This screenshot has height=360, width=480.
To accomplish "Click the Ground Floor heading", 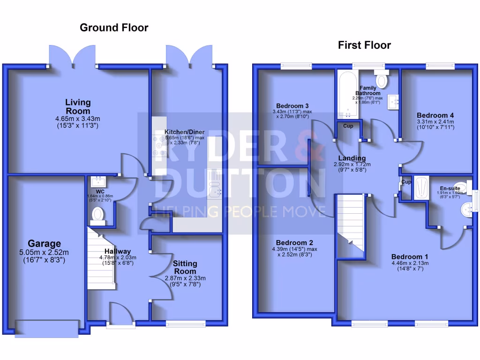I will click(x=114, y=28).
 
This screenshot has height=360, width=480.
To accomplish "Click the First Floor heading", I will click(x=364, y=45).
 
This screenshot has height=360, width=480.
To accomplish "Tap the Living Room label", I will click(x=78, y=106).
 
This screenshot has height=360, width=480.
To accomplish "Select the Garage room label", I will click(x=44, y=244).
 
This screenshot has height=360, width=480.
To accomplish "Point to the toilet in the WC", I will click(x=98, y=215).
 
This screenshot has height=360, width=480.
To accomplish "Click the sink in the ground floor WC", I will click(x=99, y=180).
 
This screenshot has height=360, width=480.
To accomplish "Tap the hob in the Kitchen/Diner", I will click(x=158, y=145).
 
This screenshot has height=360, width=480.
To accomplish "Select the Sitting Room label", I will click(x=185, y=267).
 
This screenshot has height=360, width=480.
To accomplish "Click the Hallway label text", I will click(x=118, y=251).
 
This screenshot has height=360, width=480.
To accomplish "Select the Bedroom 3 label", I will click(x=292, y=105).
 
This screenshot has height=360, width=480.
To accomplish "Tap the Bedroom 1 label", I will click(x=410, y=257).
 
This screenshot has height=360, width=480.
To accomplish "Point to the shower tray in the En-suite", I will click(x=420, y=188).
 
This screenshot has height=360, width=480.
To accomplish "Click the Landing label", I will click(x=352, y=158).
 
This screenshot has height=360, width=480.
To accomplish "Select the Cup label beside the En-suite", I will click(x=406, y=182).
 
